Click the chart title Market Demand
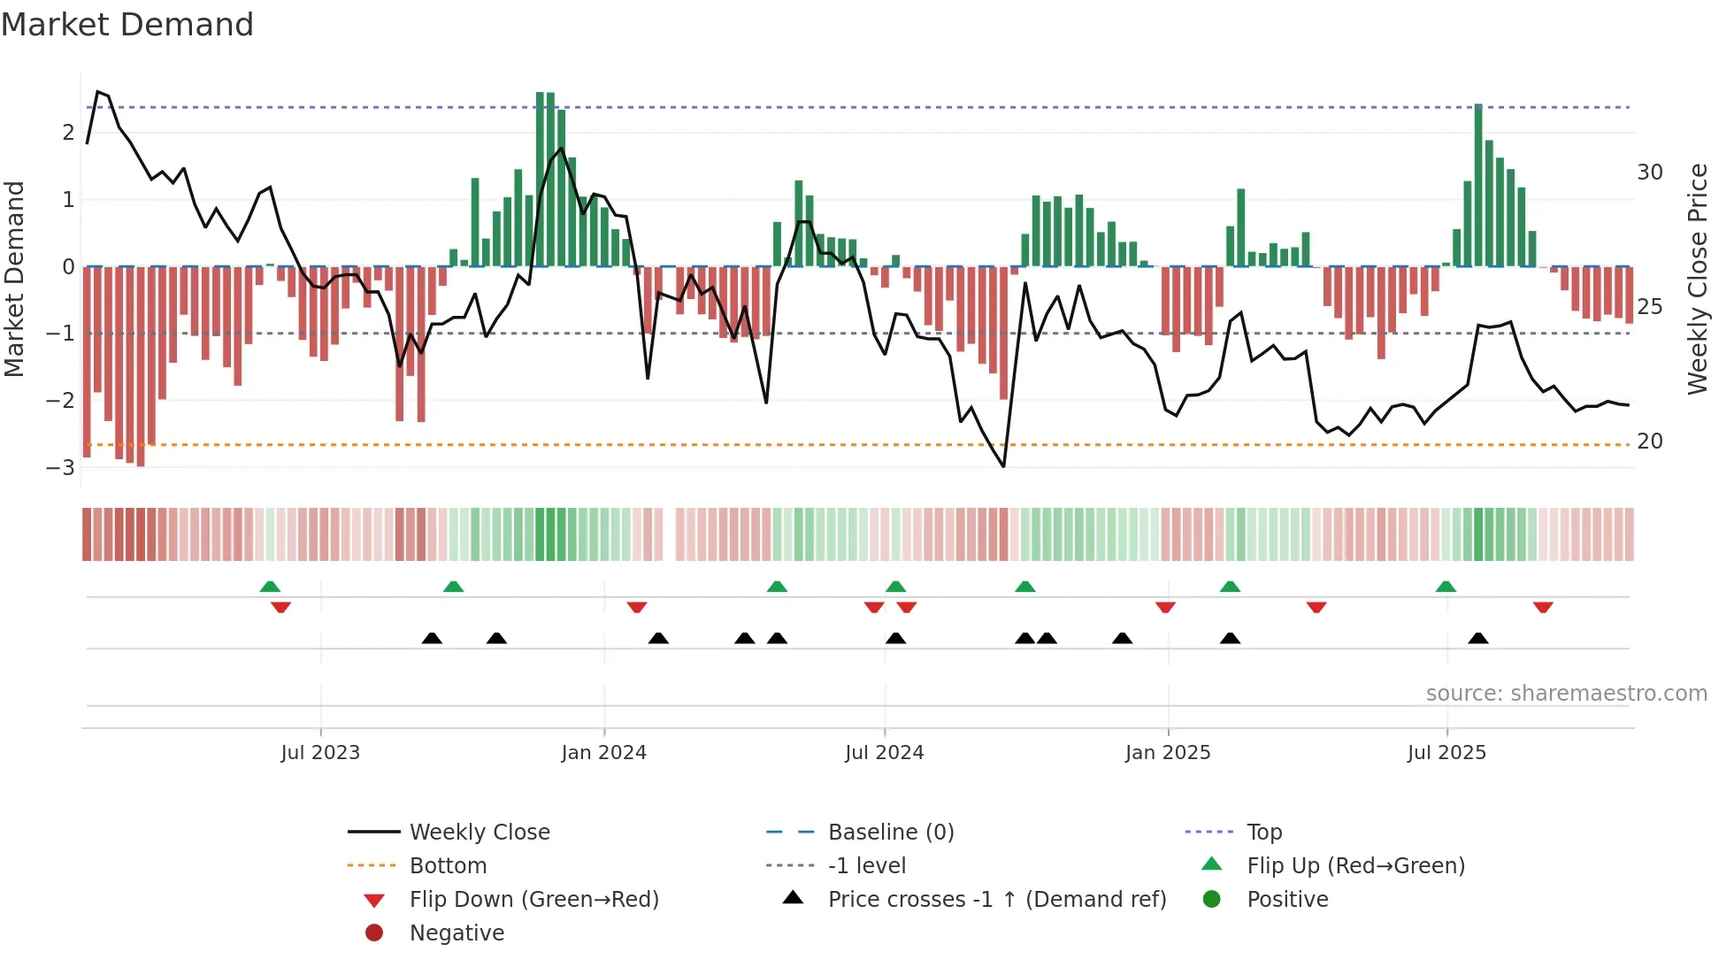tap(127, 25)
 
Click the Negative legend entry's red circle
tap(374, 933)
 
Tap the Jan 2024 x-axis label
tap(603, 753)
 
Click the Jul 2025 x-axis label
tap(1446, 753)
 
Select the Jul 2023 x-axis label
tap(320, 753)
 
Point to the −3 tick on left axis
tap(61, 467)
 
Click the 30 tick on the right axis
tap(1649, 173)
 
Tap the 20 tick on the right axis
tap(1649, 441)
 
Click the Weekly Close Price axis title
tap(1697, 279)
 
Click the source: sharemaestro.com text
tap(1566, 693)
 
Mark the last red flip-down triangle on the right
tap(1543, 608)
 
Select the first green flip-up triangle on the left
tap(270, 586)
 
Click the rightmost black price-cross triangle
tap(1477, 638)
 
